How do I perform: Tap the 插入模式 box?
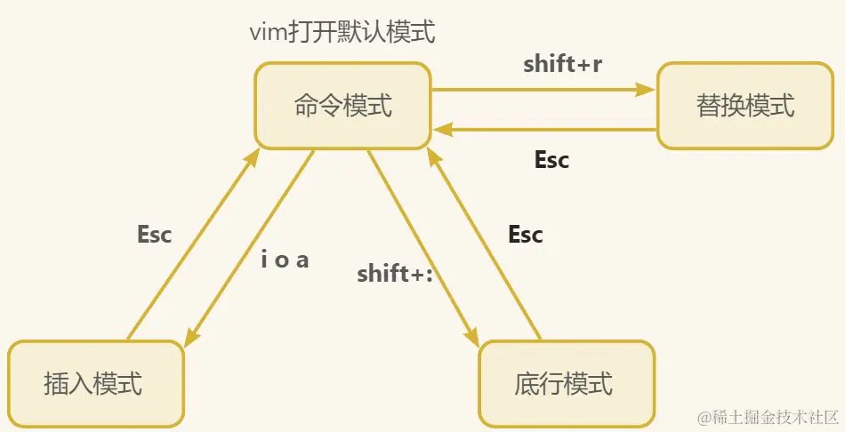[x=93, y=384]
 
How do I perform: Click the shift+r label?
[x=562, y=64]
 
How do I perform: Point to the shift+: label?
[x=394, y=274]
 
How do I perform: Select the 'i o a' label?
[x=285, y=261]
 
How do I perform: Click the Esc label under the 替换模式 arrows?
[x=551, y=160]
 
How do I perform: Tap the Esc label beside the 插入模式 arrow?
[x=154, y=235]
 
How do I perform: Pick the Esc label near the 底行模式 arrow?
[x=525, y=235]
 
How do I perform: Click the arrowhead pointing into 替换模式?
[x=647, y=89]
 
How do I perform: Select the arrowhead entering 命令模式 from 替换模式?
[x=439, y=130]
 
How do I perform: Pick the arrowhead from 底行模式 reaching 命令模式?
[x=433, y=156]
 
